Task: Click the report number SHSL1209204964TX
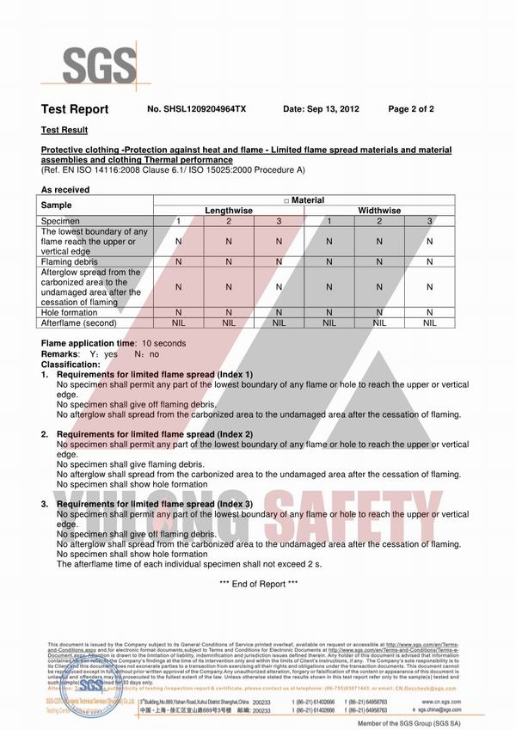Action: coord(197,109)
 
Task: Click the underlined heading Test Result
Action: coord(64,130)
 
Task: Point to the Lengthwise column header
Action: coord(229,210)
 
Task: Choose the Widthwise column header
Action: coord(379,210)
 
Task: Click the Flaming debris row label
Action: coord(70,261)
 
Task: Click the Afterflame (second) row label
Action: coord(78,322)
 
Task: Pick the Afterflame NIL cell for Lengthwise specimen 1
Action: coord(178,322)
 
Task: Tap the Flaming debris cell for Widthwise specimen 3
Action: coord(430,261)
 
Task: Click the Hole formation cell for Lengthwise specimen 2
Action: coord(229,313)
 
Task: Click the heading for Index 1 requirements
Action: coord(155,375)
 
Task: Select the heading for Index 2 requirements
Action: coord(155,434)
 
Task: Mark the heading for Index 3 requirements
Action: coord(155,504)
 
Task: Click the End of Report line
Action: coord(258,584)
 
